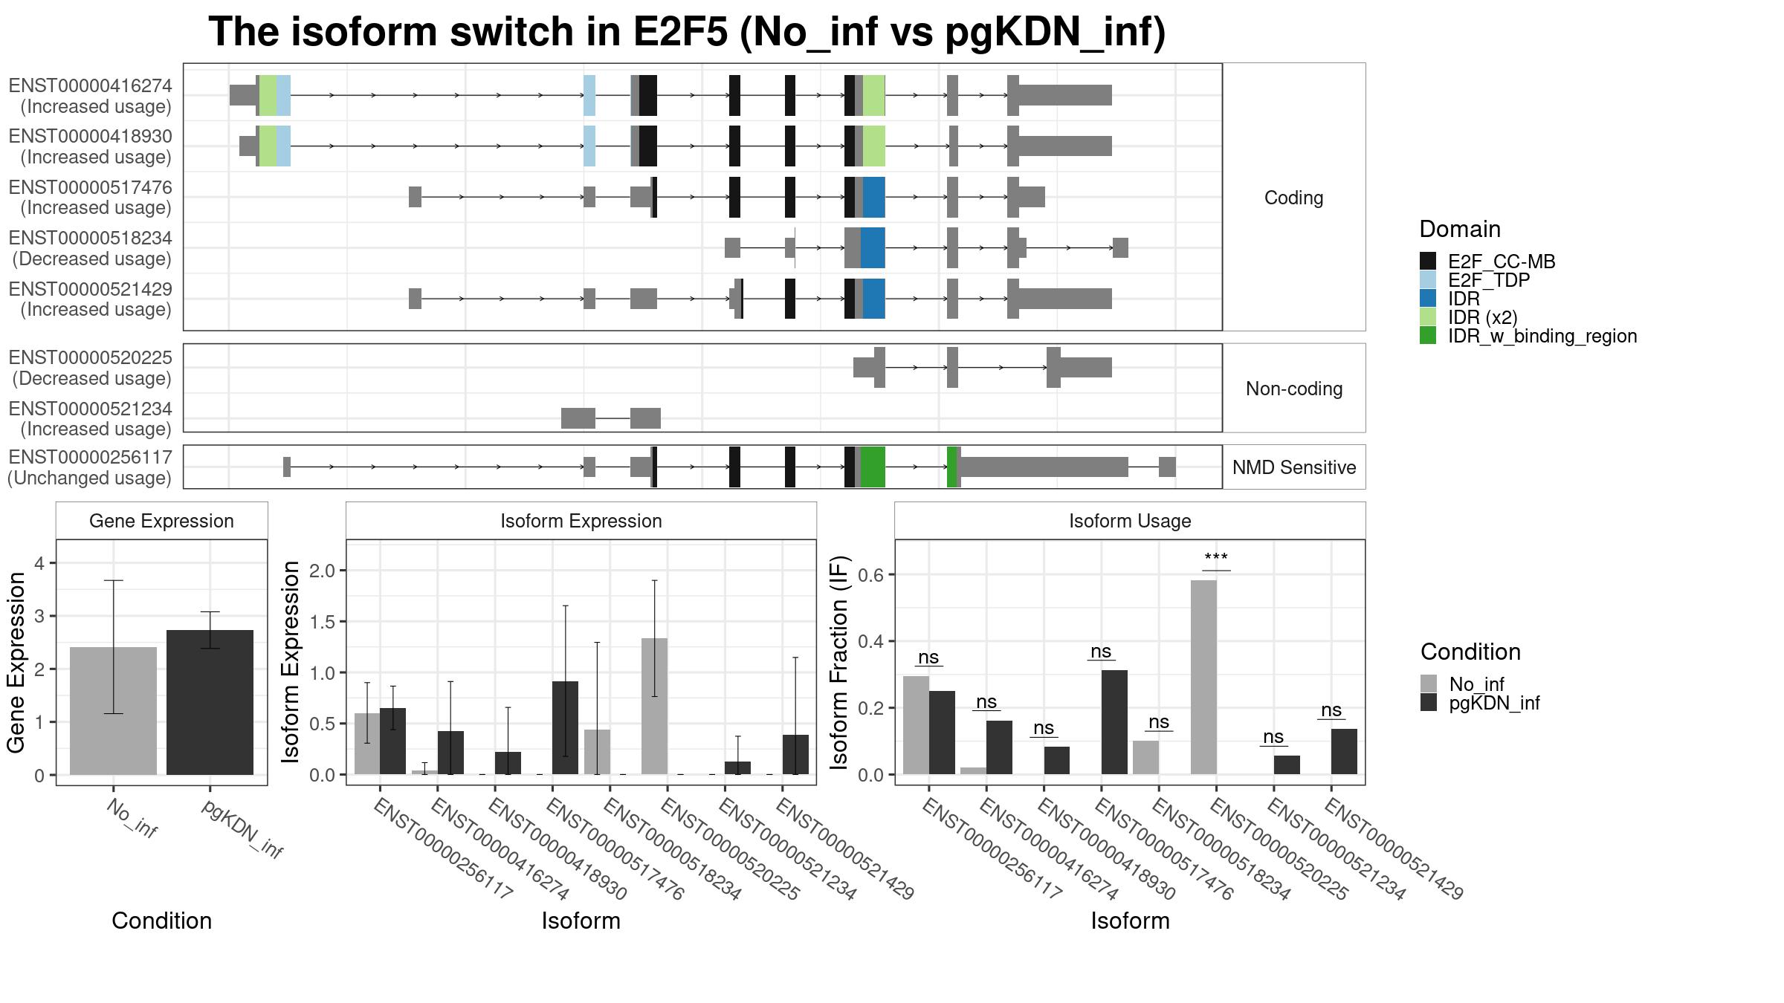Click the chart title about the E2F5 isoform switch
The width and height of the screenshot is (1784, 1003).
(687, 32)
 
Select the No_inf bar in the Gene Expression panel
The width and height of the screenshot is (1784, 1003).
(113, 711)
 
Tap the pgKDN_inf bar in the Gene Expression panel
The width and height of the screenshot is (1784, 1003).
(210, 702)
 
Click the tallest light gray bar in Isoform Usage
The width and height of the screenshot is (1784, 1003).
(1203, 677)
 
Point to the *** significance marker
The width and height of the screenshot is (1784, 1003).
(1216, 557)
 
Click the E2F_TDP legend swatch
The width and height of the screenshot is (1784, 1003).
(1428, 279)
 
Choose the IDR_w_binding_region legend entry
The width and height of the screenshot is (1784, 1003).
(1528, 336)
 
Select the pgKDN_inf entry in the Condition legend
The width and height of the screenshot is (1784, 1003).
(1480, 703)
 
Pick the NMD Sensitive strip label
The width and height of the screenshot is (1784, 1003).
(1294, 467)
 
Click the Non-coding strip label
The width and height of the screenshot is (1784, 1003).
(1294, 389)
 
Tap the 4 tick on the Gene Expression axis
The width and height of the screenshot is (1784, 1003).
(39, 563)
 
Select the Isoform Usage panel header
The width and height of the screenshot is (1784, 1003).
(1130, 521)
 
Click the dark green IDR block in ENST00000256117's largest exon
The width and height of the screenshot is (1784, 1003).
(873, 467)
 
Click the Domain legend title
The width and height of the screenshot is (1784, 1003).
(1460, 229)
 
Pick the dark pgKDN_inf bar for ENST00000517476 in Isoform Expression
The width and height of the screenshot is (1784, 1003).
(566, 728)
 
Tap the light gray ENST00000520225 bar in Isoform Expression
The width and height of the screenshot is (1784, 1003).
(654, 707)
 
